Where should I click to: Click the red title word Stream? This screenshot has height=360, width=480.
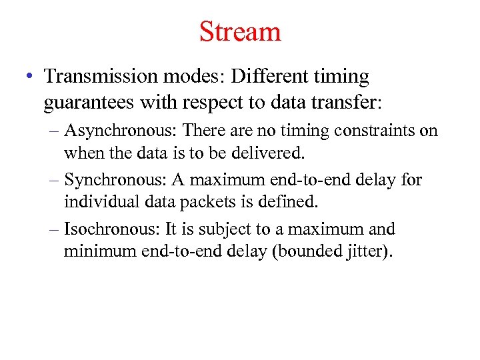tap(240, 31)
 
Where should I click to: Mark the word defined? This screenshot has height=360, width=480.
tap(301, 201)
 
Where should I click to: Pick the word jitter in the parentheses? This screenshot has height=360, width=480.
tap(367, 251)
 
